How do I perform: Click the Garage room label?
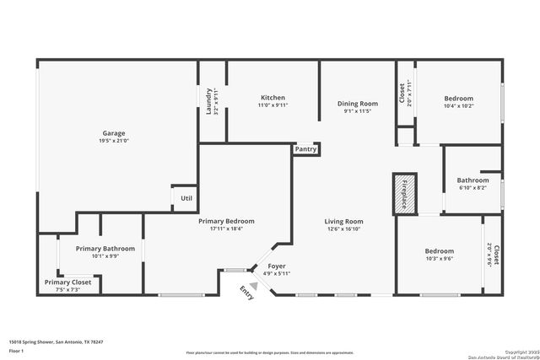tap(114, 133)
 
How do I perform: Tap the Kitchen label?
tap(273, 98)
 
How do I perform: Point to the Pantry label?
tap(305, 149)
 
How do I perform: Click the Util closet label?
tap(186, 198)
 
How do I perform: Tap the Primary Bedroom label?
tap(226, 221)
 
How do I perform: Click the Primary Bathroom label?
tap(105, 249)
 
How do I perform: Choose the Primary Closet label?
tap(67, 282)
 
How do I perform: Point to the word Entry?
tap(247, 293)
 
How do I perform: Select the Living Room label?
tap(343, 221)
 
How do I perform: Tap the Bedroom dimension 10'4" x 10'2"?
tap(459, 106)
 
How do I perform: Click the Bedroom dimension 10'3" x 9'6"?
tap(439, 260)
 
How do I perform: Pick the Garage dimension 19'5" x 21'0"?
tap(114, 142)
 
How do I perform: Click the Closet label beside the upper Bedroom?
tap(401, 91)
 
